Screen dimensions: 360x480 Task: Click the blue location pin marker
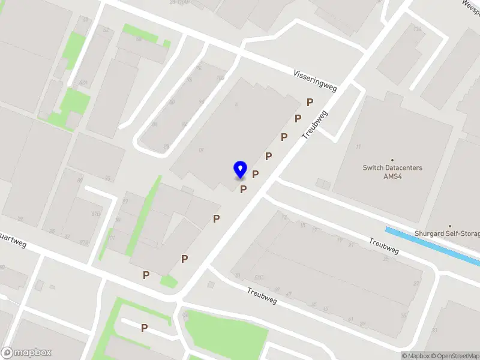240,169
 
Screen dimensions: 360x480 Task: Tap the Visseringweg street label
315,81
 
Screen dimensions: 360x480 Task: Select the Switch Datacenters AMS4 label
392,172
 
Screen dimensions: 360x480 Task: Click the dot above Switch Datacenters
392,160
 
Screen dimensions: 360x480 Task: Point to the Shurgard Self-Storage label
447,233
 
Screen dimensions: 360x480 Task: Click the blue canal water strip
432,245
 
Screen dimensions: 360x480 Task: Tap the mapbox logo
26,353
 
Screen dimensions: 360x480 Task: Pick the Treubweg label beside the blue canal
384,246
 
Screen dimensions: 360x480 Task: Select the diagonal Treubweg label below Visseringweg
262,295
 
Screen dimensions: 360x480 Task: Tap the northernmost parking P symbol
310,103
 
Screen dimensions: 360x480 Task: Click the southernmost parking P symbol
144,328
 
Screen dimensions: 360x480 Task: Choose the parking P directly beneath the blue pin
243,190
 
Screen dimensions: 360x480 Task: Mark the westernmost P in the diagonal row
146,275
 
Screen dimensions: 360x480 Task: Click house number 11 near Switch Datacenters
359,146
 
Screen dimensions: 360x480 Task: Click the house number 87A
83,242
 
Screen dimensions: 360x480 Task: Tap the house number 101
110,238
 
